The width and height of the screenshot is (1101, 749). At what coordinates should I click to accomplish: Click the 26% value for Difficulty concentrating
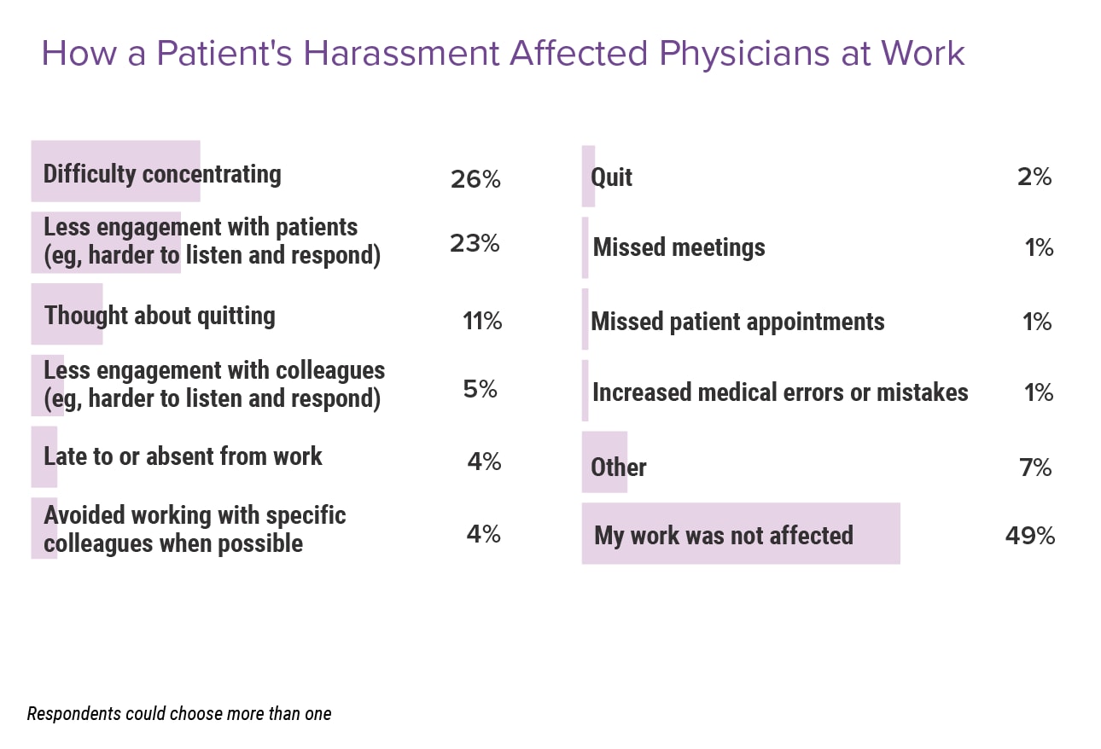[475, 180]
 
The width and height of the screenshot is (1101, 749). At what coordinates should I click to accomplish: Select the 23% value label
[475, 243]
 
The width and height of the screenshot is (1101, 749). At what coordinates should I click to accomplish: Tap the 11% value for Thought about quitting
[481, 322]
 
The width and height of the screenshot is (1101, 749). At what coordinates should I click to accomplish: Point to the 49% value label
[1029, 536]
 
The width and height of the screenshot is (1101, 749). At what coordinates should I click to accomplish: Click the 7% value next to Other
[1035, 467]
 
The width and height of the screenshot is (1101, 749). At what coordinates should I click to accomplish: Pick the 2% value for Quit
[1034, 177]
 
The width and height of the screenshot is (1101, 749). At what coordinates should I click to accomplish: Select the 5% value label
[481, 389]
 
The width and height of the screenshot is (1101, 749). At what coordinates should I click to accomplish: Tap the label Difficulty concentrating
[162, 174]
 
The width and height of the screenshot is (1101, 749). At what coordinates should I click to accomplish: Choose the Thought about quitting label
[160, 316]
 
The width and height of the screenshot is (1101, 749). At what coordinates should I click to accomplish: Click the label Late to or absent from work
[183, 456]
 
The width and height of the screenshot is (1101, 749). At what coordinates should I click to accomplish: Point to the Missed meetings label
[679, 247]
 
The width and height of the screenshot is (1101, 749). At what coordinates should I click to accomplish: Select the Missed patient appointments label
[737, 322]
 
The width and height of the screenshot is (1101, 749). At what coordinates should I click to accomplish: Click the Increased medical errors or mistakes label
[780, 392]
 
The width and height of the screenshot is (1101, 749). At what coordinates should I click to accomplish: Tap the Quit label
[611, 177]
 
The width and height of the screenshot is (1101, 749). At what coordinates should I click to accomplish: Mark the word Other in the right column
[618, 467]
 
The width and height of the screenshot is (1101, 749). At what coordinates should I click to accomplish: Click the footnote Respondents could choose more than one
[179, 713]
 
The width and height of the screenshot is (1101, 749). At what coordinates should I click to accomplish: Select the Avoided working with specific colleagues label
[195, 529]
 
